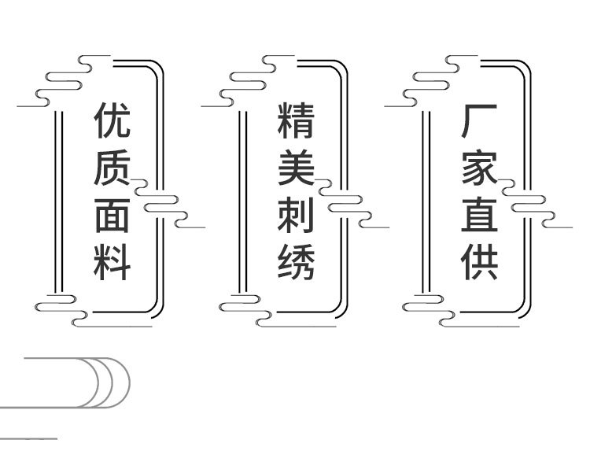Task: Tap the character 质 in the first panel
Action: (112, 167)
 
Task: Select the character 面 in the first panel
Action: (112, 215)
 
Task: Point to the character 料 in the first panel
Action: (112, 262)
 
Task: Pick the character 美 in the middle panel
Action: (296, 167)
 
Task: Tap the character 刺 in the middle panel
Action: (296, 215)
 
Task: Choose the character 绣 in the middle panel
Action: (296, 262)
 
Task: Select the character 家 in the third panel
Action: (480, 167)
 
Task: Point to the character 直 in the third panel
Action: (480, 215)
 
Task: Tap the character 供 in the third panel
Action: (480, 262)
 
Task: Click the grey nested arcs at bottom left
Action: (102, 382)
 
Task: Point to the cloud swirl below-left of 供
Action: (429, 308)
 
